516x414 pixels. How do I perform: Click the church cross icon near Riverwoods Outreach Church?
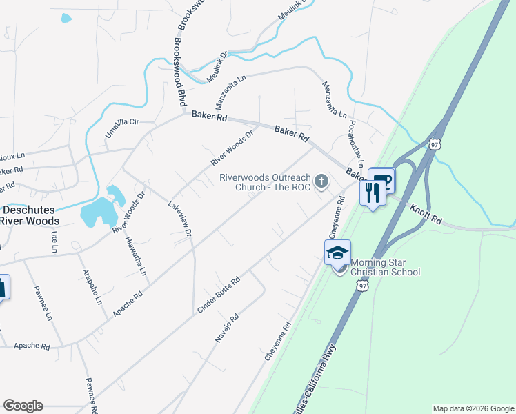pos(321,181)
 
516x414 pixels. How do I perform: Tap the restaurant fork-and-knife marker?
pos(373,192)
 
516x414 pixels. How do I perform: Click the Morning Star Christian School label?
pos(385,267)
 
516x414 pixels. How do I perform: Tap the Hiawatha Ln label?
pos(136,256)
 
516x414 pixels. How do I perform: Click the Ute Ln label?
pos(54,242)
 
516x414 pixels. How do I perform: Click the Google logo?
pos(23,405)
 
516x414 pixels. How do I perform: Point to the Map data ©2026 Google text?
pos(473,408)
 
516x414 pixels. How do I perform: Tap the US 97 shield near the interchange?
pos(434,144)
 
